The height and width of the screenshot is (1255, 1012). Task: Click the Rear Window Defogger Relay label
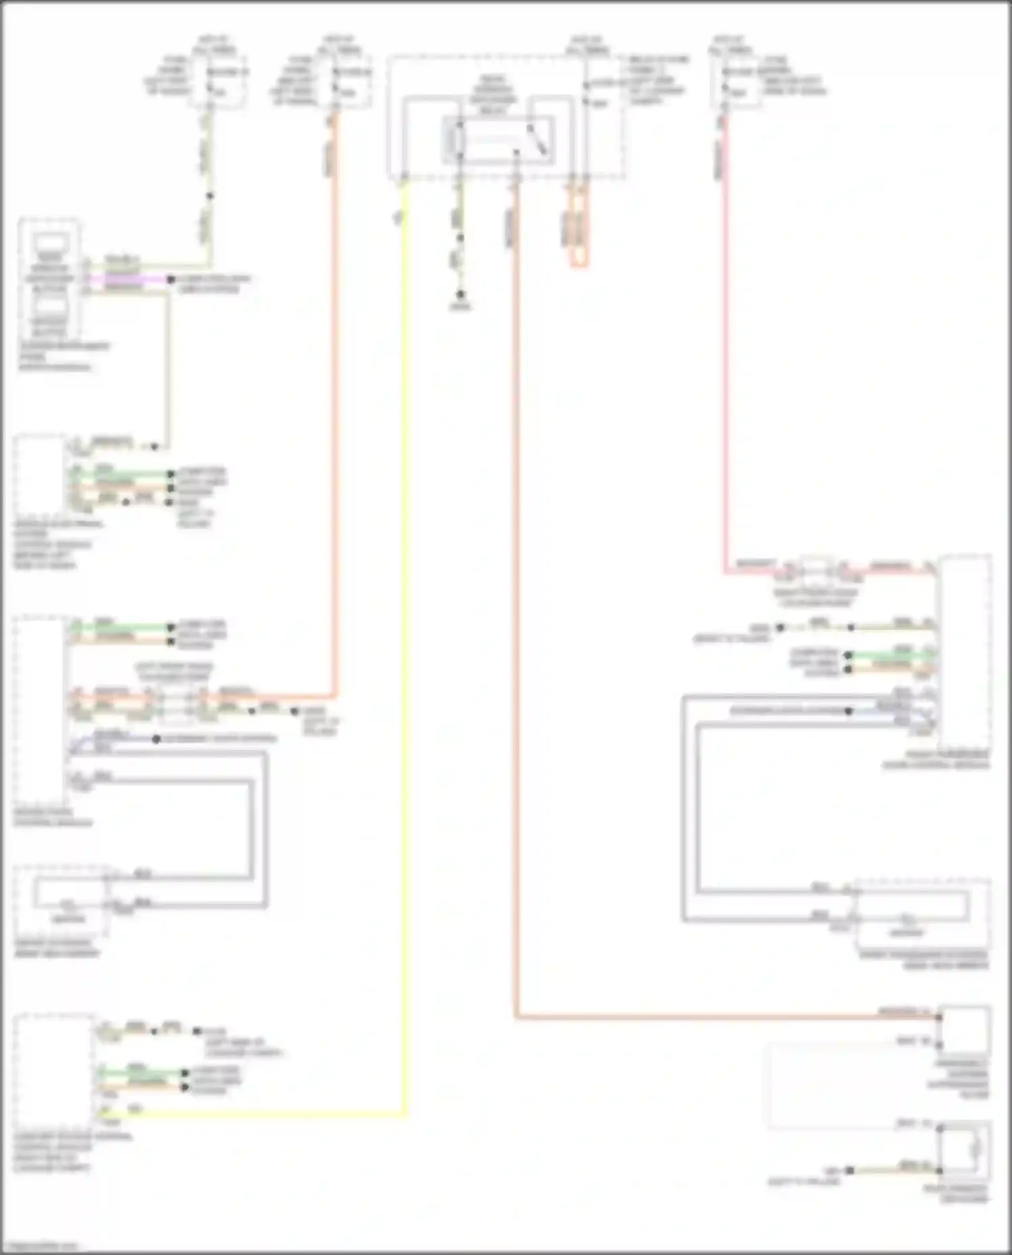(493, 94)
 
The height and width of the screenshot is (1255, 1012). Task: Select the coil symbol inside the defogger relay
(456, 140)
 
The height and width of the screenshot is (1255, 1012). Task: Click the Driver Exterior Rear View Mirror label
(57, 947)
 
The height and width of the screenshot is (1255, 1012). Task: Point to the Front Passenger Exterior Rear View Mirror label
(924, 960)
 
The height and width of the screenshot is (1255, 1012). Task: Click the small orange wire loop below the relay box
(579, 233)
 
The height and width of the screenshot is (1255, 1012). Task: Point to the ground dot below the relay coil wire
(461, 295)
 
